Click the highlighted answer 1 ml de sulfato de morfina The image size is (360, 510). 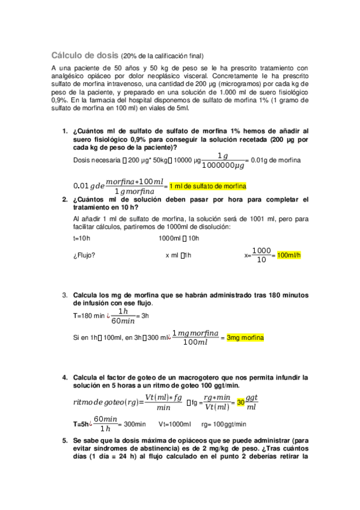point(208,186)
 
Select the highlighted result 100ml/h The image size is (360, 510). point(288,255)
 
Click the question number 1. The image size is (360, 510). point(65,131)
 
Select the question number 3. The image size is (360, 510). point(65,295)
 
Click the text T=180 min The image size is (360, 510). point(89,316)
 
